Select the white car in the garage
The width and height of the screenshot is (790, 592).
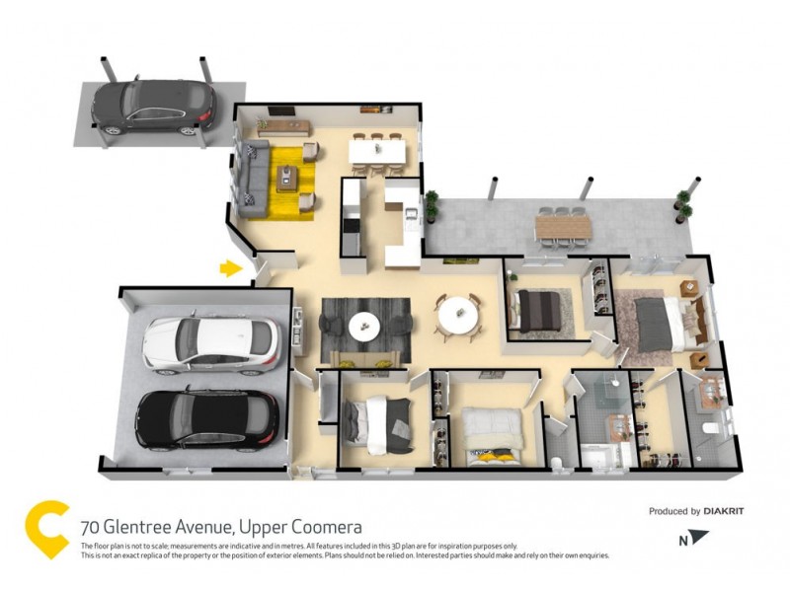[210, 341]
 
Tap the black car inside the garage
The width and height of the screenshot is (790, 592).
[206, 417]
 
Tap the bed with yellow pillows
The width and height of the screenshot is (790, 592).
[491, 434]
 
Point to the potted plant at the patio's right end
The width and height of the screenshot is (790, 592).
[682, 201]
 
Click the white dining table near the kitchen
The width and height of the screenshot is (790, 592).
[376, 150]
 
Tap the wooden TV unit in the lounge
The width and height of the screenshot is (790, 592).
[283, 125]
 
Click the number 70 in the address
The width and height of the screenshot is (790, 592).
[91, 527]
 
